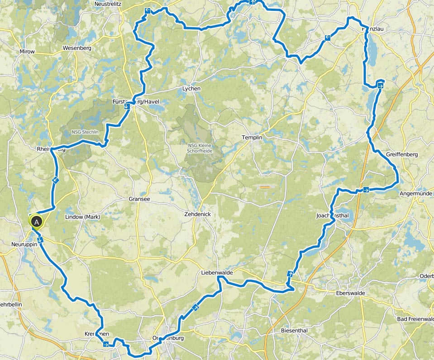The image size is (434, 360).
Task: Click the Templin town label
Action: click(253, 137)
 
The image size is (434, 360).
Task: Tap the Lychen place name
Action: click(191, 89)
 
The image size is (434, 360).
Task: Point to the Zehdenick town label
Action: click(197, 214)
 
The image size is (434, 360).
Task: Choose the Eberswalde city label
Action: click(350, 293)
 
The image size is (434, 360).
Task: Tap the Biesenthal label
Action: click(294, 331)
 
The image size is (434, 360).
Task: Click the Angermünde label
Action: click(417, 194)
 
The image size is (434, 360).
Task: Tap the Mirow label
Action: click(27, 52)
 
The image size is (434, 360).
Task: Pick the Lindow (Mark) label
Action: click(82, 217)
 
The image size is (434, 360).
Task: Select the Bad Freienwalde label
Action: click(415, 319)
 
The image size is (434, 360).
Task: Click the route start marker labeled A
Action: click(36, 221)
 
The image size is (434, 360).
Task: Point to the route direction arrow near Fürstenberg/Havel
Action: click(127, 106)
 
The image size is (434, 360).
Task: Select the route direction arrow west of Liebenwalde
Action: click(196, 308)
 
